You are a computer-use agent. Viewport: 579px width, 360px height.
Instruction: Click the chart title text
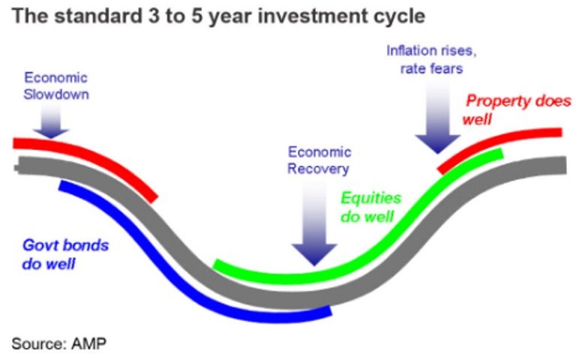[x=218, y=17]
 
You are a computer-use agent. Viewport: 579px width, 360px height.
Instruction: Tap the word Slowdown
[x=56, y=94]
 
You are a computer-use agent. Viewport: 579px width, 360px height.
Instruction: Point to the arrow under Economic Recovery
[x=314, y=223]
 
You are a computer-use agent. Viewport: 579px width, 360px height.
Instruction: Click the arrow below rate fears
[x=438, y=118]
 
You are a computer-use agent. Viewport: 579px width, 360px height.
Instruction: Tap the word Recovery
[x=318, y=169]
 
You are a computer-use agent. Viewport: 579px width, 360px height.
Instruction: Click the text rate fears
[x=431, y=69]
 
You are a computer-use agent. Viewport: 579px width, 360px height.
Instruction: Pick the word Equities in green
[x=370, y=198]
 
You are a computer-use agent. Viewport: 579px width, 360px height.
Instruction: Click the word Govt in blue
[x=37, y=245]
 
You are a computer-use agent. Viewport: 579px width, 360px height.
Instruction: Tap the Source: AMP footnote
[x=59, y=343]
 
